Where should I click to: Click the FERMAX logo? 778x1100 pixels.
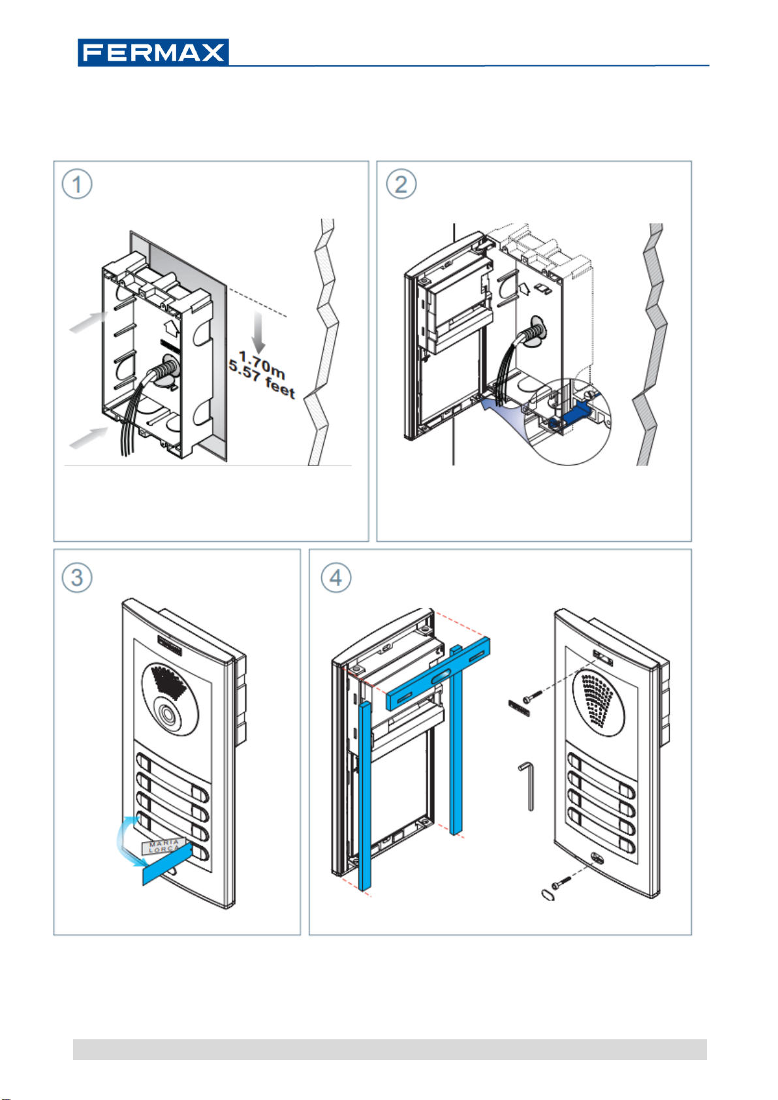(x=153, y=52)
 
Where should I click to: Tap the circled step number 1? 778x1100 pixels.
(x=77, y=185)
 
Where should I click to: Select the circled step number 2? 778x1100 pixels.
(x=401, y=185)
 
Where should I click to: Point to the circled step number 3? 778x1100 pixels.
(x=77, y=578)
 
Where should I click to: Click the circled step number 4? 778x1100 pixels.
(x=335, y=578)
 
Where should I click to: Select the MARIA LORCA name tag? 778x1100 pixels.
(x=164, y=847)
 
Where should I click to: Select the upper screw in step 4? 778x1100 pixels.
(x=530, y=697)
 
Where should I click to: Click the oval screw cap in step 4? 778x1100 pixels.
(x=548, y=894)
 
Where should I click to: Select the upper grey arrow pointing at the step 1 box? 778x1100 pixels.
(x=89, y=322)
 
